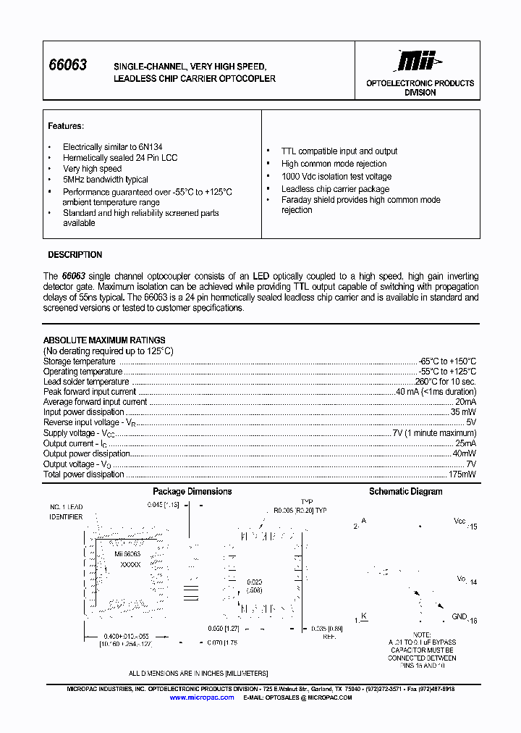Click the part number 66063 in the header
point(67,65)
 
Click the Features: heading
point(66,126)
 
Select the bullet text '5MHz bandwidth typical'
point(105,180)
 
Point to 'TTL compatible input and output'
point(339,151)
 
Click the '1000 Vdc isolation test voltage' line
point(336,177)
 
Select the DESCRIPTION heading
point(75,255)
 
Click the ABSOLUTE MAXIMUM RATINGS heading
point(104,340)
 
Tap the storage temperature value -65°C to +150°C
point(448,361)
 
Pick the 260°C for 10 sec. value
point(445,382)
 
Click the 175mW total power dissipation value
point(462,474)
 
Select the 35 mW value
point(463,412)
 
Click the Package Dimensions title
point(192,492)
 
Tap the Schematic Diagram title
point(405,492)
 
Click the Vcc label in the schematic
point(459,522)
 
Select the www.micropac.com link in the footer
point(202,698)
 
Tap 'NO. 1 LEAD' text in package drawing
point(67,507)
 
